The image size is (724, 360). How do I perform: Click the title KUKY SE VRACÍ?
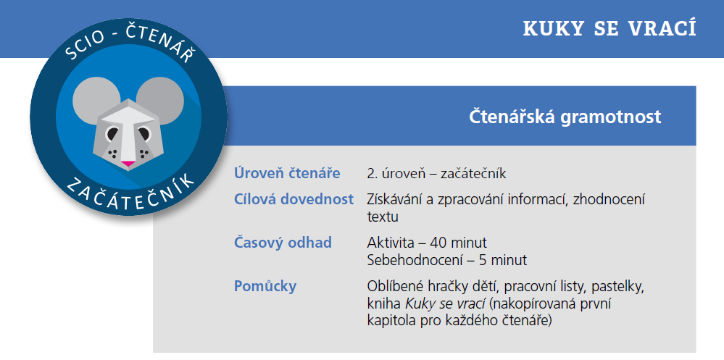click(x=609, y=29)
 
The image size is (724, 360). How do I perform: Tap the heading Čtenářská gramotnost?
click(x=565, y=117)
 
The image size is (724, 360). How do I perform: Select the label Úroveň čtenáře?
click(x=287, y=174)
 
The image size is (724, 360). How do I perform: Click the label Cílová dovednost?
click(x=294, y=199)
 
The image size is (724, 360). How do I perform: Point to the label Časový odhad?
click(x=283, y=242)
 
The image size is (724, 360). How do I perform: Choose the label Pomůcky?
click(x=265, y=285)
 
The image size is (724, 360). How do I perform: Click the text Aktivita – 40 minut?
click(x=427, y=242)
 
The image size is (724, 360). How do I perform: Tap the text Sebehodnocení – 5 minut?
click(x=447, y=259)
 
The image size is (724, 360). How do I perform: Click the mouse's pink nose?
click(x=127, y=162)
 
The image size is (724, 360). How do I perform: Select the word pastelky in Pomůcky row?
click(x=615, y=285)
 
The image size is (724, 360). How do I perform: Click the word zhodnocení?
click(x=609, y=199)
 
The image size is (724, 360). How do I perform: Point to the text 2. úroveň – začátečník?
click(x=436, y=174)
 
